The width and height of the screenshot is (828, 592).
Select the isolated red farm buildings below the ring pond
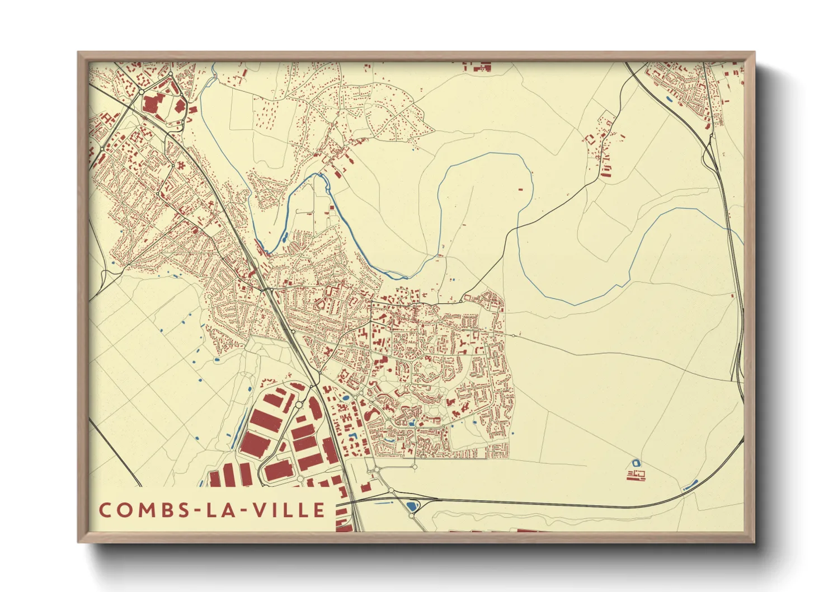(x=636, y=476)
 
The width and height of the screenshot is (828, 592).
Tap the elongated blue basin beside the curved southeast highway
(x=690, y=485)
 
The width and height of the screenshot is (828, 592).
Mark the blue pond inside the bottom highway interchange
(x=412, y=506)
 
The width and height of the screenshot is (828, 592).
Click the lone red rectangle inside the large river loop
(x=520, y=190)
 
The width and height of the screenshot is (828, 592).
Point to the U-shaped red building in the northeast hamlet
(x=605, y=169)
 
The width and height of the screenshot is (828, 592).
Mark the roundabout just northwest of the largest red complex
(x=142, y=91)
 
